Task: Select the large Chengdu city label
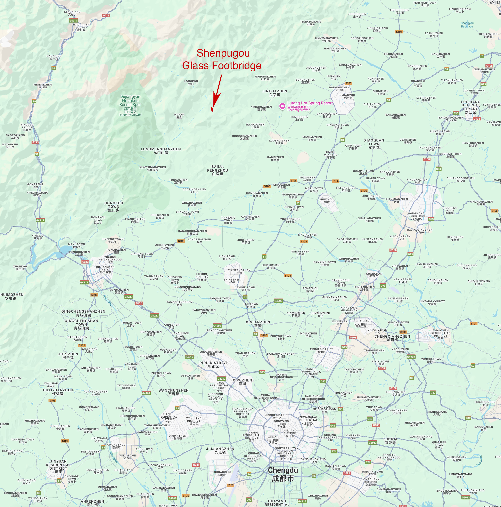click(283, 474)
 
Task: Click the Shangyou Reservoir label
click(467, 25)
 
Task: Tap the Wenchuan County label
click(81, 27)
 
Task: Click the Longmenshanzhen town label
click(161, 151)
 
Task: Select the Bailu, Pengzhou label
click(217, 170)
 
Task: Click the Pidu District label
click(214, 364)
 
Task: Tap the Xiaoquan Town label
click(374, 144)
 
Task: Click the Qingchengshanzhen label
click(83, 313)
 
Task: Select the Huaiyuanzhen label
click(58, 392)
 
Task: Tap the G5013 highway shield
click(373, 442)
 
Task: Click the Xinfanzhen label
click(258, 324)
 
